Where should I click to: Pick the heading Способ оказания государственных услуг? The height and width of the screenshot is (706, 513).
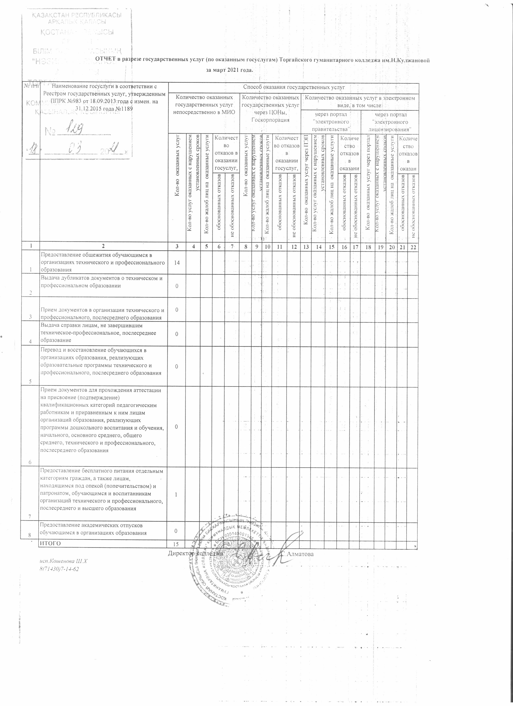click(x=294, y=88)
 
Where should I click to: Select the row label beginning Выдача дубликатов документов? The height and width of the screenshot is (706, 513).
click(x=102, y=282)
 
